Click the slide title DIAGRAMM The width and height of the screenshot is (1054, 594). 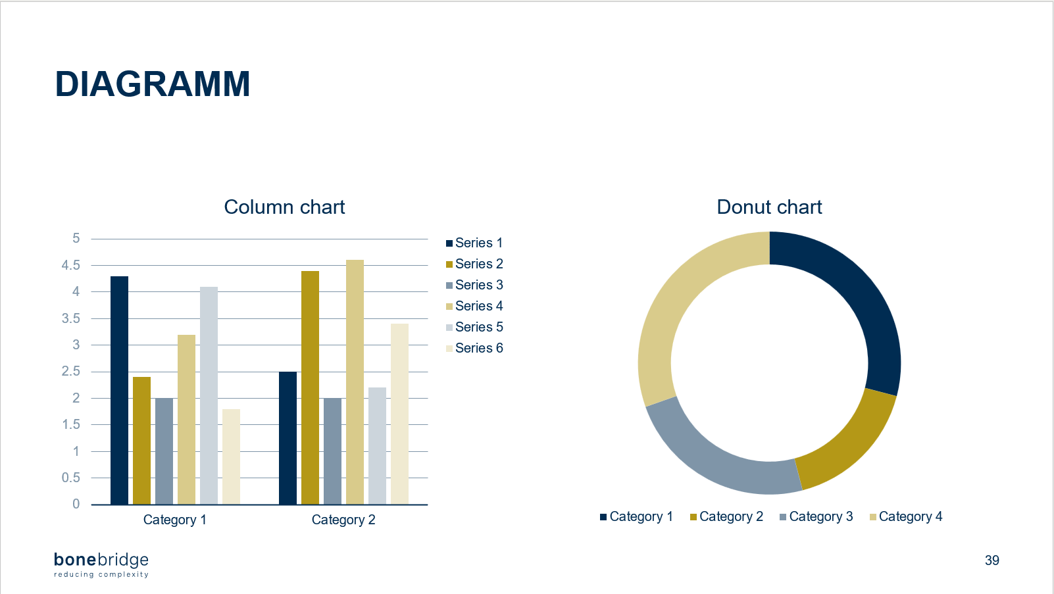click(152, 84)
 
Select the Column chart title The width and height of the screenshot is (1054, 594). click(284, 207)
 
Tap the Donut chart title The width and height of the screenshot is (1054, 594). click(769, 207)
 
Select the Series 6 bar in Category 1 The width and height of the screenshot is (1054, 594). click(231, 457)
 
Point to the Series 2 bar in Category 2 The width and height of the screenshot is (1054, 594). click(310, 387)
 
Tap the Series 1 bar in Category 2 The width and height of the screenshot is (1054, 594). click(288, 438)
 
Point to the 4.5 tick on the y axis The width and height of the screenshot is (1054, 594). click(71, 265)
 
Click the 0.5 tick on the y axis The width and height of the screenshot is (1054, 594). click(71, 478)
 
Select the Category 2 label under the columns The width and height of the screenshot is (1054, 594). click(343, 520)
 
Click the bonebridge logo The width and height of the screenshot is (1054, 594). click(101, 564)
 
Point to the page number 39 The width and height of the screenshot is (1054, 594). click(991, 560)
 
